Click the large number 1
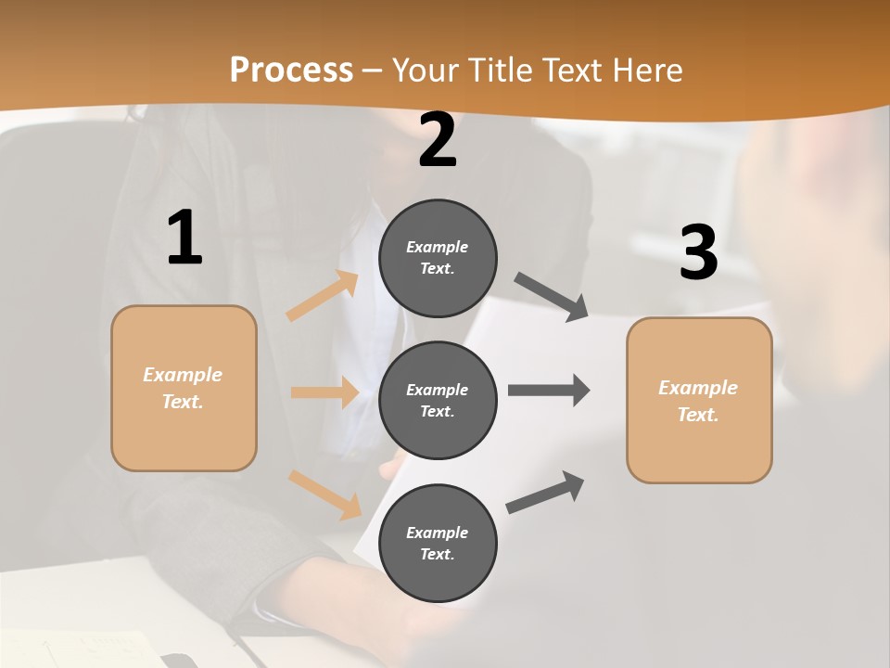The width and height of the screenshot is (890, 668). pos(184,238)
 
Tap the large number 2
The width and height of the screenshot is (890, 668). pos(438,140)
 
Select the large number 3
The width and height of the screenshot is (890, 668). pos(698,253)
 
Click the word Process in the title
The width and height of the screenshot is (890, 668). pos(291,70)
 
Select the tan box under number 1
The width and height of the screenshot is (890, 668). pos(184,388)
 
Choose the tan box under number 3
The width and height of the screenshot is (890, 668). pos(699,400)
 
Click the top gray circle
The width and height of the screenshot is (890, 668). pos(438,258)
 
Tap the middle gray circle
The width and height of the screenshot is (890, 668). pos(438,400)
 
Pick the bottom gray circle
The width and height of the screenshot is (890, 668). pos(438,543)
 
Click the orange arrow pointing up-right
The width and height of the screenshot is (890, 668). pos(323,296)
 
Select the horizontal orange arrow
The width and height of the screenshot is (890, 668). pos(324,392)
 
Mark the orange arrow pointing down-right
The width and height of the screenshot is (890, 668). pos(324,494)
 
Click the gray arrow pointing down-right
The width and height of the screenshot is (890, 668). pos(552,296)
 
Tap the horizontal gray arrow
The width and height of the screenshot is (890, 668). pos(549,390)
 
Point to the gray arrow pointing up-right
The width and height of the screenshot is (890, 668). pos(545,492)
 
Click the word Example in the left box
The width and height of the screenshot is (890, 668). pos(183,375)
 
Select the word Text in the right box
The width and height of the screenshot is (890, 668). pos(698,415)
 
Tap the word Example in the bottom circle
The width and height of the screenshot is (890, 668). pos(438,533)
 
